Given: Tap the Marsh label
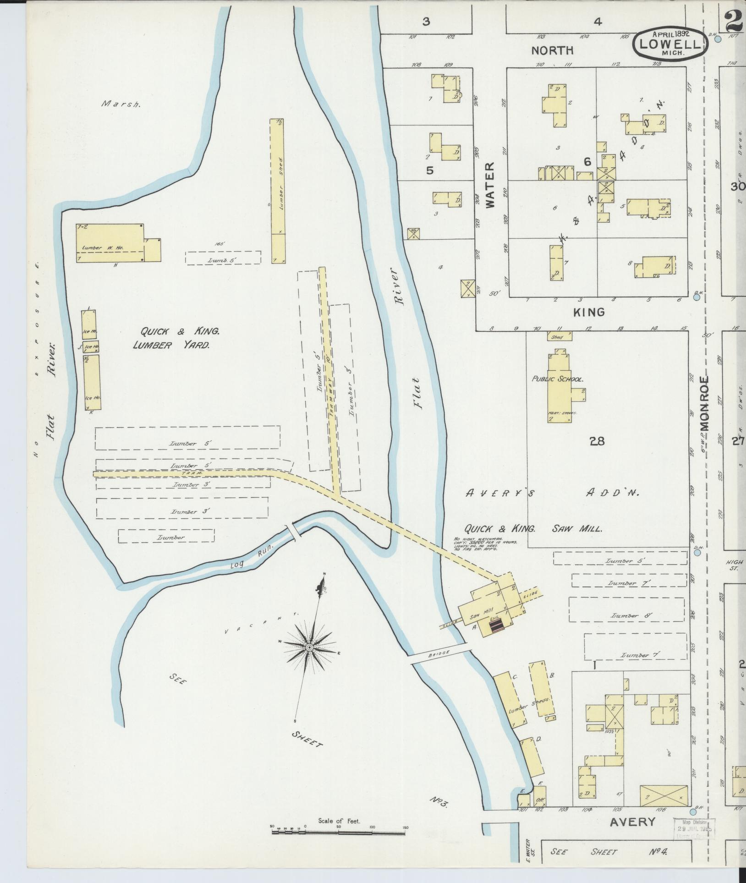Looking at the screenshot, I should pos(121,104).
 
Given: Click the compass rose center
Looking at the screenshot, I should pos(309,647).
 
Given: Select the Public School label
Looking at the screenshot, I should pos(557,379).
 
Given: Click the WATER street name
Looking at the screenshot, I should pos(490,185).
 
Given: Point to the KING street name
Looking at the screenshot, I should pos(589,313).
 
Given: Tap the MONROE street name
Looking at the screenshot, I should pos(704,403).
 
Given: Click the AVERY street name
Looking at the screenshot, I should pos(632,822).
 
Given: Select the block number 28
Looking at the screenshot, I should pos(597,441).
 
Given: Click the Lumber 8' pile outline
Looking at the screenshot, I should pos(626,609).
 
